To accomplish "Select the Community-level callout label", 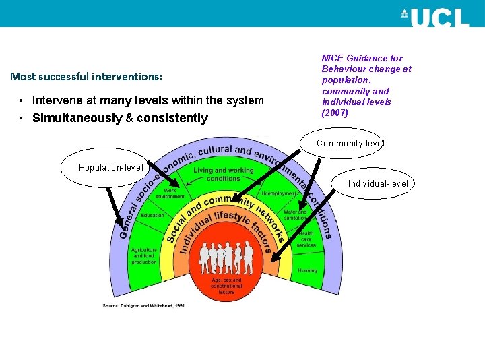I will (350, 143).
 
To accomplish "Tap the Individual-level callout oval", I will (377, 183).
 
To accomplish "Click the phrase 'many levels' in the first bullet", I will (134, 100).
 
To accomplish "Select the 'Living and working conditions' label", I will (224, 174).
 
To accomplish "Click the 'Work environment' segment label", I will (170, 193).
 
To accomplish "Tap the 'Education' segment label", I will (152, 215).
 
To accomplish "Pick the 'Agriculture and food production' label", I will (143, 255).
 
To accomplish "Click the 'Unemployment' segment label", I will (279, 193).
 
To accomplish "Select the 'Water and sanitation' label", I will (295, 214).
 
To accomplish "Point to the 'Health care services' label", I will (306, 239).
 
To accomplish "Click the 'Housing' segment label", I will (307, 270).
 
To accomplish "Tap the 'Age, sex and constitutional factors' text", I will (226, 286).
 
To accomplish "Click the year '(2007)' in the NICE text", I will (335, 113).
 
